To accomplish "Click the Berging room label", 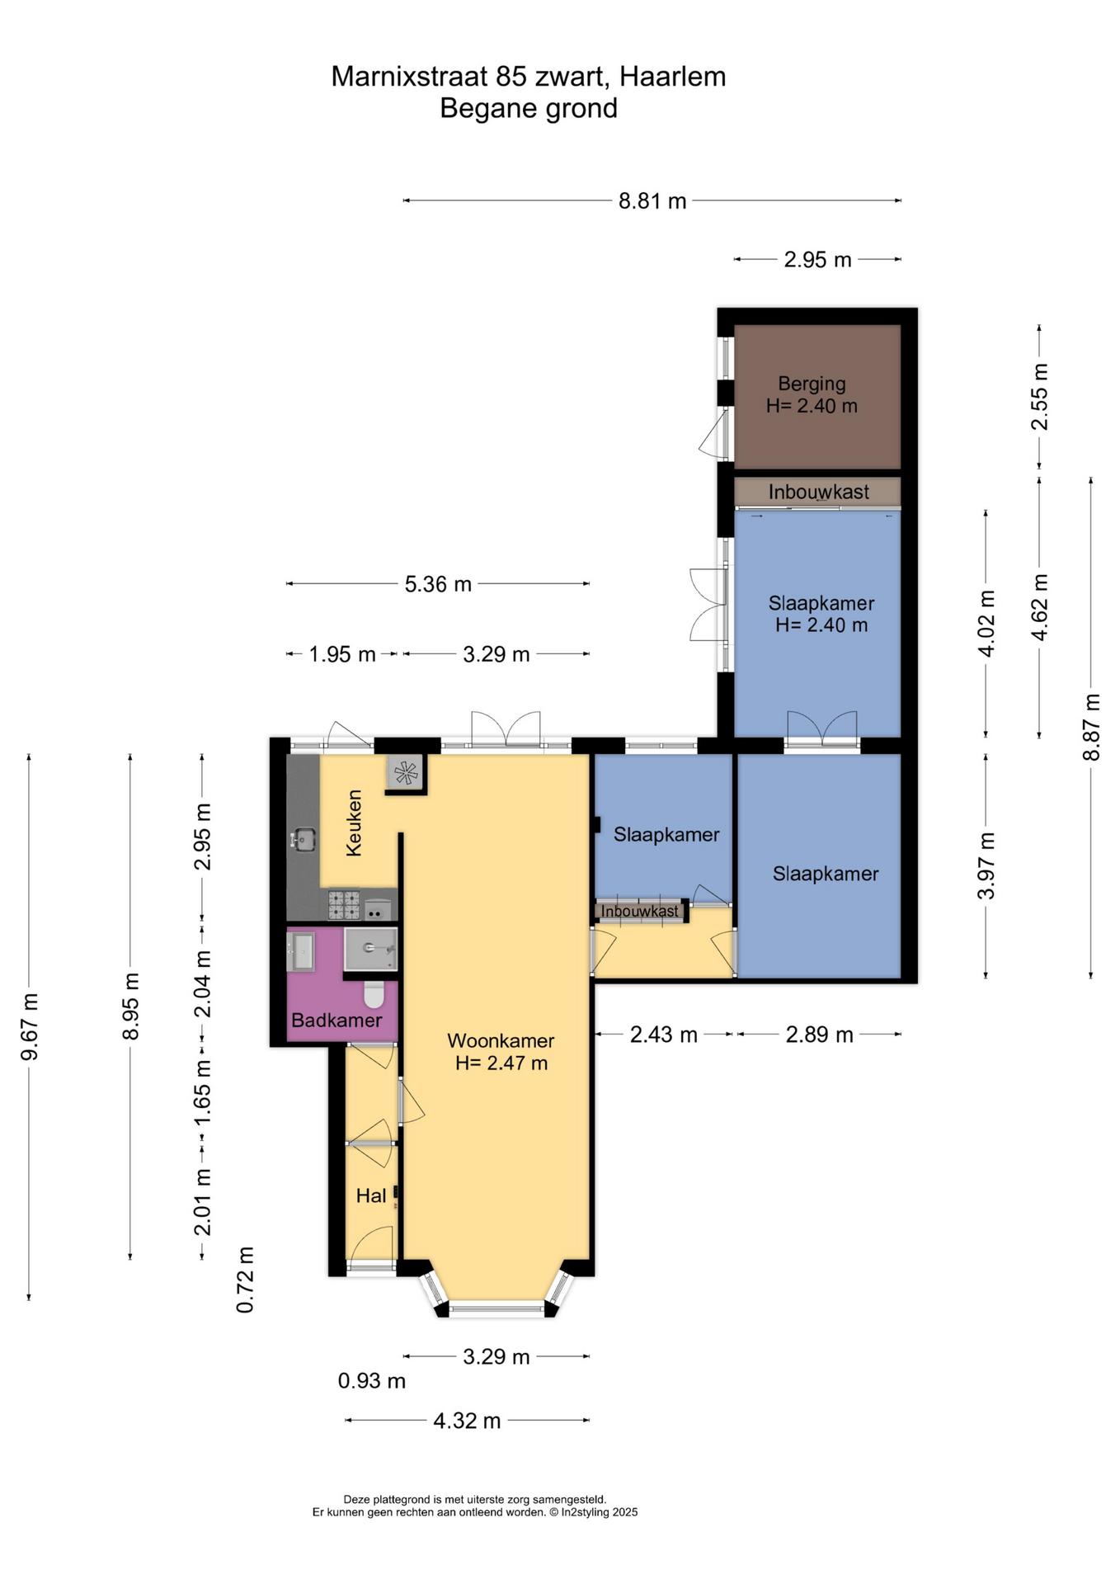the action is click(812, 384).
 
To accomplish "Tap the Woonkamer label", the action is click(501, 1040).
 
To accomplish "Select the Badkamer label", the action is click(336, 1021).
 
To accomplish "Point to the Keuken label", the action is click(354, 823).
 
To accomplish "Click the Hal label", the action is click(371, 1195).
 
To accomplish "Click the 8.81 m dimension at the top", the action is click(652, 200).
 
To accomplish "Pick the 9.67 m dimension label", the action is click(30, 1027).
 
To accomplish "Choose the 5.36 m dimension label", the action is click(438, 584).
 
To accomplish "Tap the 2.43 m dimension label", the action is click(664, 1035).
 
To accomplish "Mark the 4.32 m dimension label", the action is click(467, 1421).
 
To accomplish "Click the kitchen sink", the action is click(303, 840).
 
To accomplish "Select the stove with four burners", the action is click(344, 904).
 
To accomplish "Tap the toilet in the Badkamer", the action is click(374, 993).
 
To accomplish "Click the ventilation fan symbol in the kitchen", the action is click(406, 773).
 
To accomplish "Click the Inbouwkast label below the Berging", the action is click(818, 492).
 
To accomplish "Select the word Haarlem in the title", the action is click(673, 77).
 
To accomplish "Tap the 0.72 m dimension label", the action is click(245, 1280).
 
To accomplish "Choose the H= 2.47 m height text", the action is click(501, 1063).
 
